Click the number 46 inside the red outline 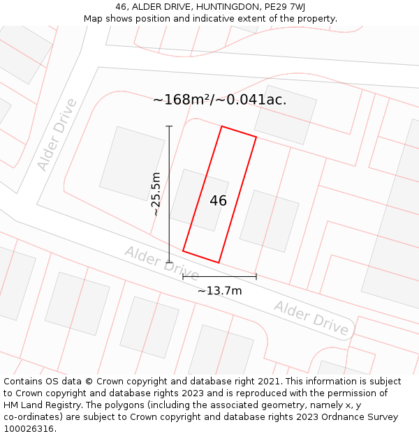tap(218, 201)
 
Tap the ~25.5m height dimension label tap(156, 194)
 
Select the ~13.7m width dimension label tap(219, 291)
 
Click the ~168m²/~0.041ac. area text tap(219, 100)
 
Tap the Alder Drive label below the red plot tap(161, 264)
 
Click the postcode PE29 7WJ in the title tap(285, 7)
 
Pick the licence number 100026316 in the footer tap(29, 429)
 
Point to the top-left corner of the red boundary tap(222, 127)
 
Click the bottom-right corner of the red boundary tap(219, 262)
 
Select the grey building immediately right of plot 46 tap(269, 220)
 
